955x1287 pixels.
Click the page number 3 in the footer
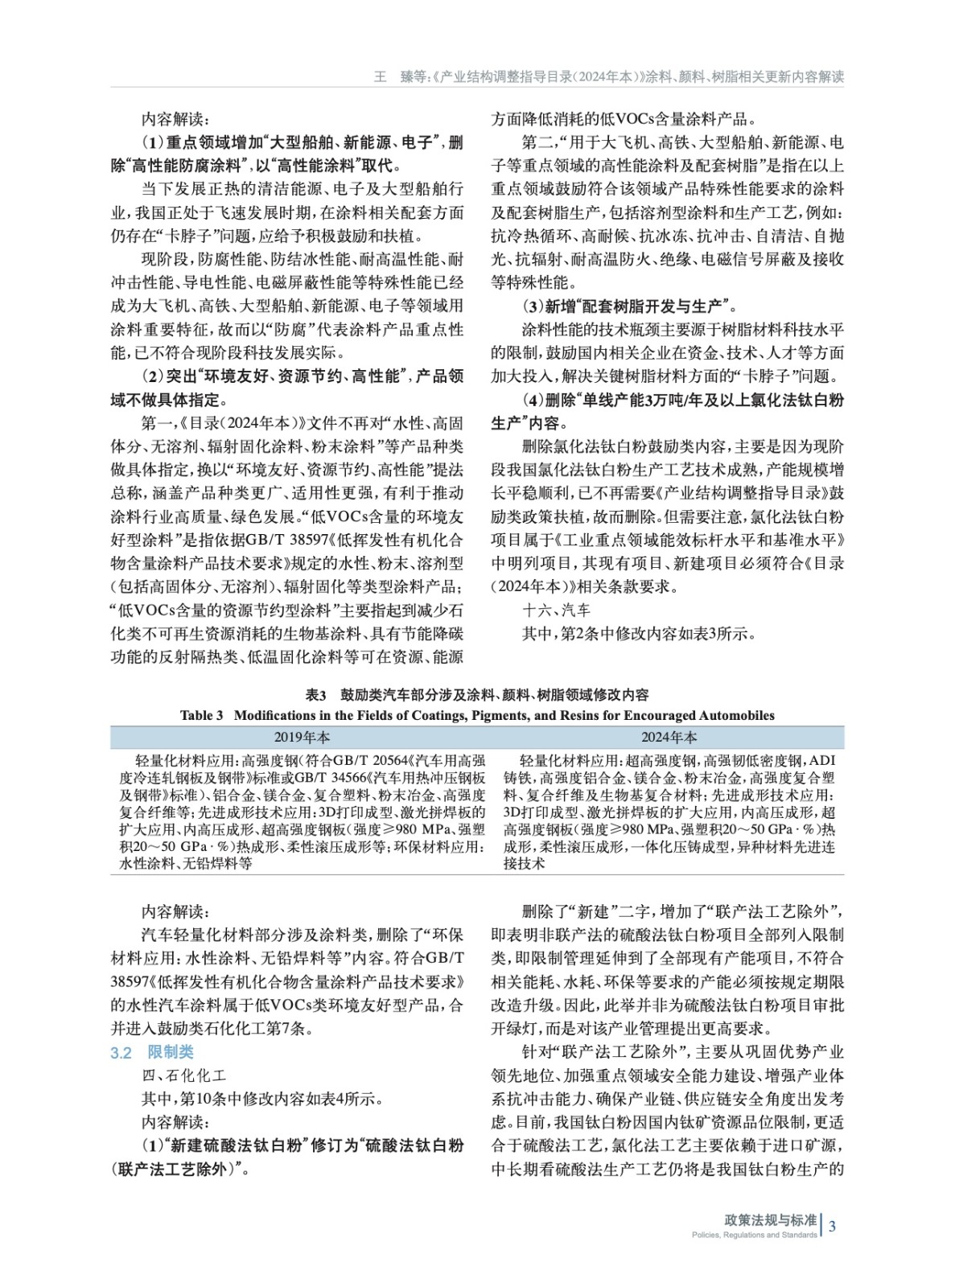833,1226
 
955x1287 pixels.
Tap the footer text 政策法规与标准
770,1220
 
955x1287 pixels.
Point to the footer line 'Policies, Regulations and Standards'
754,1235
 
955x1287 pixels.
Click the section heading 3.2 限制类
152,1052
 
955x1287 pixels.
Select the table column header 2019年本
302,737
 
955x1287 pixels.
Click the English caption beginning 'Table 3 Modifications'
477,715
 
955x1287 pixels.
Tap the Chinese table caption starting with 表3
477,695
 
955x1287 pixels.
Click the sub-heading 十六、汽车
556,610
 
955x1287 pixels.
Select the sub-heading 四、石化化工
184,1075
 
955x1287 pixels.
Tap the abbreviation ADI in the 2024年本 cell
822,760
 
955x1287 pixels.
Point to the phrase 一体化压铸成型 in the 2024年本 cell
682,847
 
